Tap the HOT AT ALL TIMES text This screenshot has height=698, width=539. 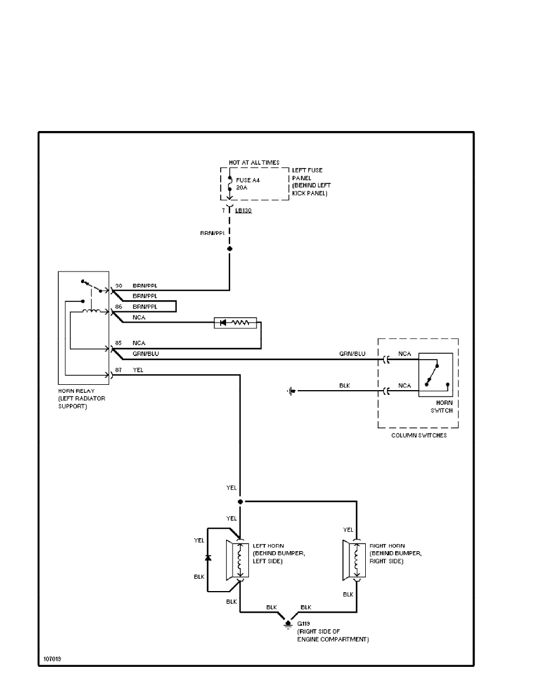pyautogui.click(x=254, y=162)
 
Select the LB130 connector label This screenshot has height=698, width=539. pyautogui.click(x=244, y=210)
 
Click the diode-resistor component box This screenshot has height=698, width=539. pyautogui.click(x=235, y=323)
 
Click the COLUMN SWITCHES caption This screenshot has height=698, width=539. pyautogui.click(x=417, y=435)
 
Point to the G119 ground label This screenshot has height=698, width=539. pyautogui.click(x=303, y=623)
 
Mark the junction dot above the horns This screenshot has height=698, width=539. pyautogui.click(x=240, y=502)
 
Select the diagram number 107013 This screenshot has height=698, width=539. pyautogui.click(x=52, y=658)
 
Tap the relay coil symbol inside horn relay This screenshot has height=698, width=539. pyautogui.click(x=91, y=311)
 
